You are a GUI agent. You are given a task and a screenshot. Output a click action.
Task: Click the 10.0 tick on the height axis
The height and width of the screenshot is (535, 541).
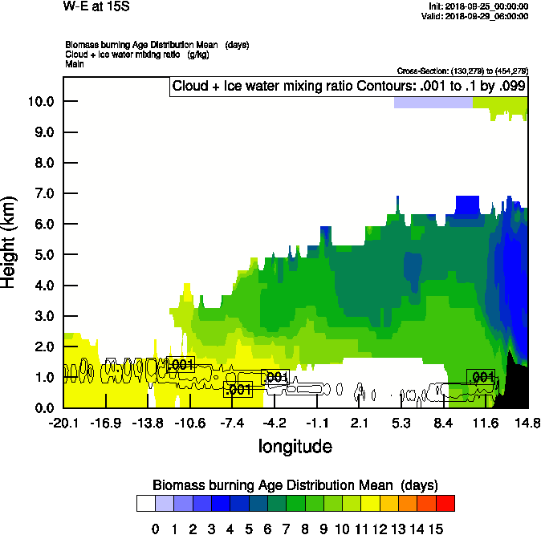pos(40,102)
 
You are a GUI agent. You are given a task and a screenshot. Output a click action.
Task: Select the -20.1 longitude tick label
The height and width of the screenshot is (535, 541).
pos(63,424)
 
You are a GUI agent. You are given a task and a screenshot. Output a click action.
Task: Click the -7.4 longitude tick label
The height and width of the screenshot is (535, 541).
pos(231,424)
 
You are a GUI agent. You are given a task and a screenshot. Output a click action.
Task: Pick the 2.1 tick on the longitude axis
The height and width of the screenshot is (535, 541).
pos(360,424)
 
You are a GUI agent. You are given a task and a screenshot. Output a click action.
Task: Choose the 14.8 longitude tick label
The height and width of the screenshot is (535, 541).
pos(527,424)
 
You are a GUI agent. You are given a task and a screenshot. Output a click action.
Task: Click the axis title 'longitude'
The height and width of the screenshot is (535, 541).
pos(295,446)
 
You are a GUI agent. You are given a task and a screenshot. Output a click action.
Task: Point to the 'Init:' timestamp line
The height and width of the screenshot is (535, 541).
pos(478,6)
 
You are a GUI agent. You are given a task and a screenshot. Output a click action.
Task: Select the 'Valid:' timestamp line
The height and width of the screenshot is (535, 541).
pos(477,15)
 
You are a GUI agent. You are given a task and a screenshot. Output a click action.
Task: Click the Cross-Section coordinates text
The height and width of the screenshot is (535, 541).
pos(462,71)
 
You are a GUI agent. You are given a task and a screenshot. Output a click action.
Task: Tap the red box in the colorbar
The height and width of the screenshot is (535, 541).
pos(445,503)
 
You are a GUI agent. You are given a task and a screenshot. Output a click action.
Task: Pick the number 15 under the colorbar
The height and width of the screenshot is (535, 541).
pos(435,529)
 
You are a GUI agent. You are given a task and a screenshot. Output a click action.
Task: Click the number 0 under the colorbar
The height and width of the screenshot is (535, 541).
pos(155,529)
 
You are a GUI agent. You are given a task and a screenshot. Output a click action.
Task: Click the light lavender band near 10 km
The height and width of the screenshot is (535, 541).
pos(433,103)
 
